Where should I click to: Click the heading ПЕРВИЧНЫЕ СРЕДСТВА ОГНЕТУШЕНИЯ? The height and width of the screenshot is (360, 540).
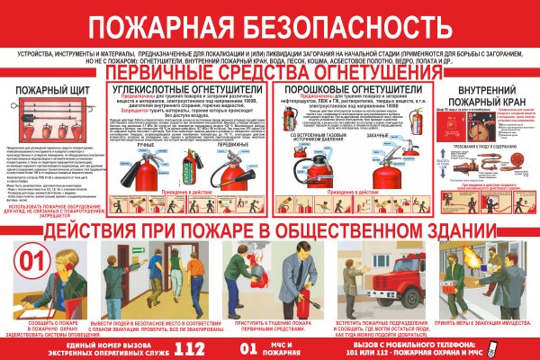[x=269, y=71]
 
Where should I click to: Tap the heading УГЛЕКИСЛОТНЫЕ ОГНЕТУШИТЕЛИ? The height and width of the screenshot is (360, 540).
[x=186, y=90]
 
